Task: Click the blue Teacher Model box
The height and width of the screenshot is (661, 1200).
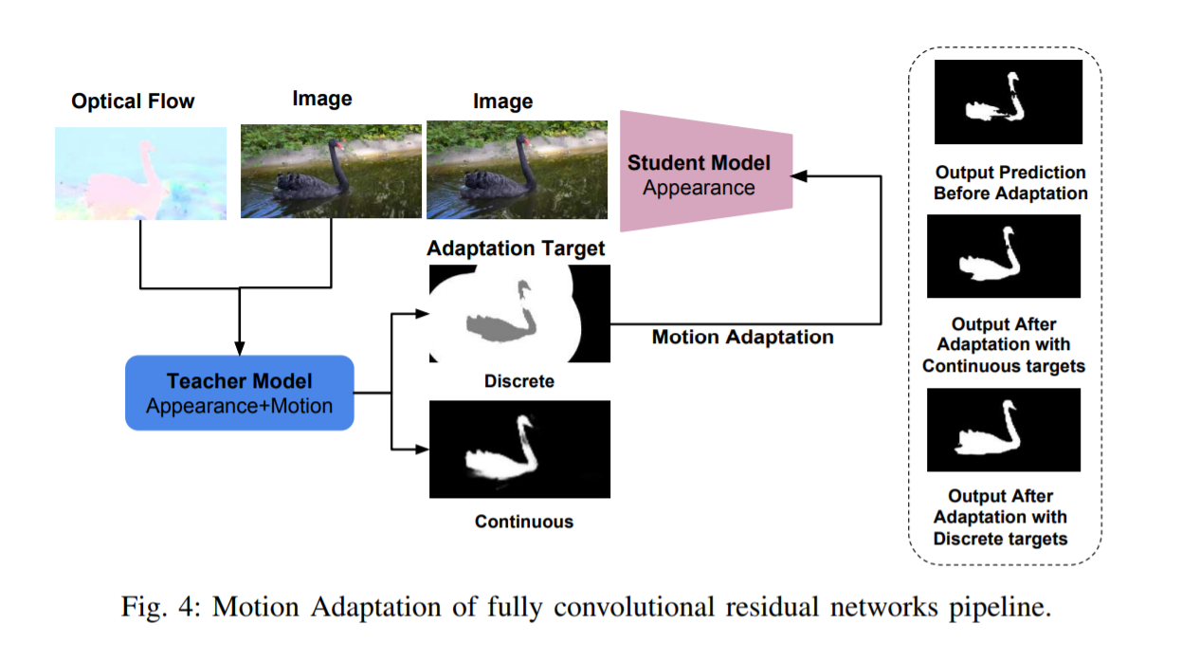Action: (x=239, y=393)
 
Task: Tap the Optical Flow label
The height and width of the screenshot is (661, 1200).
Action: (x=133, y=101)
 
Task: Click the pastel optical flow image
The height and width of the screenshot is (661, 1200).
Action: (x=140, y=174)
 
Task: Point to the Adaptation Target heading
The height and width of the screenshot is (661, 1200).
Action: (x=516, y=248)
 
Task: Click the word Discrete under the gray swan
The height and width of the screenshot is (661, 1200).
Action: (x=518, y=381)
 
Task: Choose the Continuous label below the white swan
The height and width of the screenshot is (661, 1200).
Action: (x=523, y=521)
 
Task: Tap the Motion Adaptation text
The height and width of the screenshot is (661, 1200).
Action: (x=742, y=337)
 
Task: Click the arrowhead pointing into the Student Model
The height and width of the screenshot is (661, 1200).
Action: (x=799, y=175)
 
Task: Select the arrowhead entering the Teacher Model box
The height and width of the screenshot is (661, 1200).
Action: (x=239, y=349)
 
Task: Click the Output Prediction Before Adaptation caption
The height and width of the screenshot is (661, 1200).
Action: (x=1009, y=183)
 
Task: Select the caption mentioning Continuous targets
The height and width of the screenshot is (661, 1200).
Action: (x=1003, y=344)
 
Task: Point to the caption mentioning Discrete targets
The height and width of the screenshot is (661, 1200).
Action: (x=1000, y=517)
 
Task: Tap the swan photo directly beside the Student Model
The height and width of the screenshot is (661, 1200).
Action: (x=517, y=169)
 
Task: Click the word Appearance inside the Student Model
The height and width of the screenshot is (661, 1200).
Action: (x=699, y=187)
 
